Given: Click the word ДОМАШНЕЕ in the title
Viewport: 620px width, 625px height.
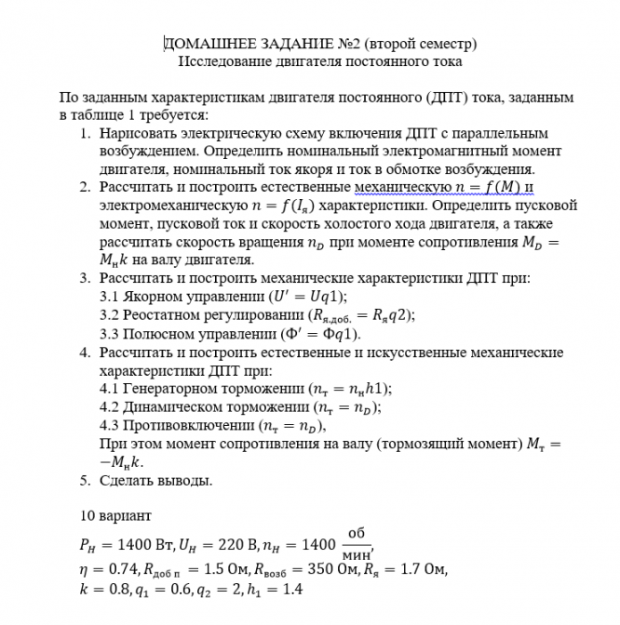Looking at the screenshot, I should click(206, 44).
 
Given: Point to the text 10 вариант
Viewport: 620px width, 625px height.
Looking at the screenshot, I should click(115, 515).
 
